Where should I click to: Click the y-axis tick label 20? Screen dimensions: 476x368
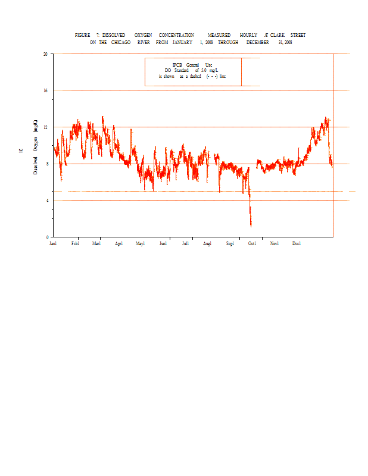point(45,54)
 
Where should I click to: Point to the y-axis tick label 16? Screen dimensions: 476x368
point(45,90)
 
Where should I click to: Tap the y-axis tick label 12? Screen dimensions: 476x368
point(45,127)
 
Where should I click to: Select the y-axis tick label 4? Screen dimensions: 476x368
point(47,201)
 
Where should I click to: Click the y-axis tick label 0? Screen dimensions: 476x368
point(47,237)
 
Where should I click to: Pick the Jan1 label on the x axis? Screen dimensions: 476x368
point(53,244)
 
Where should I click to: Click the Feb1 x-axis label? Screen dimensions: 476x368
point(75,244)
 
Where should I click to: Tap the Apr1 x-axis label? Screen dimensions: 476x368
point(118,244)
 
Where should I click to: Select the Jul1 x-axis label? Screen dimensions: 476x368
point(186,244)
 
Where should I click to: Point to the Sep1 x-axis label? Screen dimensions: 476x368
point(230,244)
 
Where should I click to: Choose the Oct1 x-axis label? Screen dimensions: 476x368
point(252,244)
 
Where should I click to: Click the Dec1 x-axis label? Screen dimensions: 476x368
point(297,244)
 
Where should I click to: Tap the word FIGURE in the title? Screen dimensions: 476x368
point(82,36)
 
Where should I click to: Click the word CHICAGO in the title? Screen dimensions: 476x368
point(120,43)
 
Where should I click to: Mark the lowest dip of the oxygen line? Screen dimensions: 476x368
point(251,226)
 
